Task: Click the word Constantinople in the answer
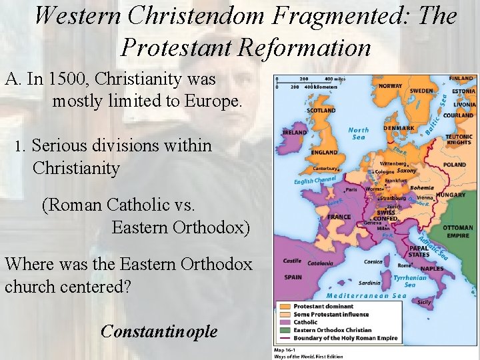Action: click(x=159, y=331)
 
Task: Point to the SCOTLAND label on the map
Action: click(x=321, y=110)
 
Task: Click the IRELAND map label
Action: click(x=295, y=133)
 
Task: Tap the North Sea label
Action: click(x=358, y=133)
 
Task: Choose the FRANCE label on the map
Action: click(x=339, y=217)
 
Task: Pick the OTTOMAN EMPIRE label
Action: click(x=457, y=231)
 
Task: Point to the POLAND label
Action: click(x=455, y=165)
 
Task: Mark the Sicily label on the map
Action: click(x=424, y=302)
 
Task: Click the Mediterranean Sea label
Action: click(x=366, y=296)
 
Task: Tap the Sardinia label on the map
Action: click(x=369, y=282)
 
